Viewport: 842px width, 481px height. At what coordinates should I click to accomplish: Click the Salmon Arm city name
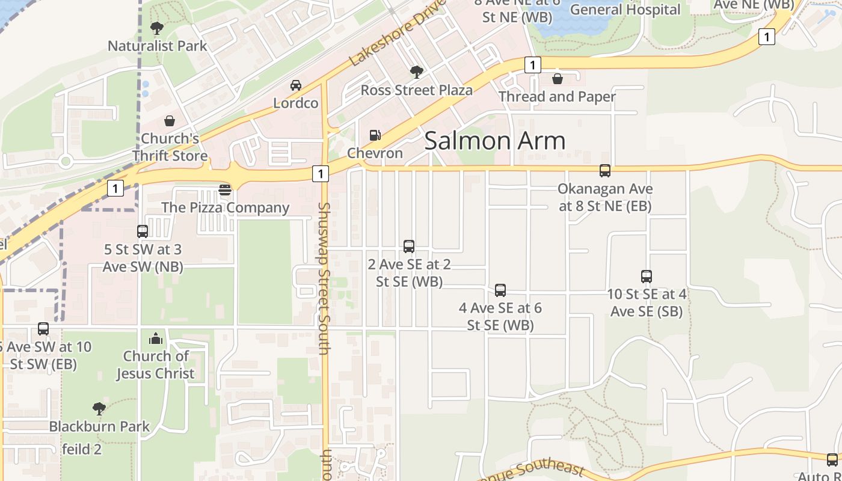(495, 141)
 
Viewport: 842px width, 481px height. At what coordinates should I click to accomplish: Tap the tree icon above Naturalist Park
(157, 28)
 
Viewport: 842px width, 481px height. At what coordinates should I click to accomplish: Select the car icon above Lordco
(295, 85)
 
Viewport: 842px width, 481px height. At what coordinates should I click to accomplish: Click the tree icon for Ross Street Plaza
(416, 72)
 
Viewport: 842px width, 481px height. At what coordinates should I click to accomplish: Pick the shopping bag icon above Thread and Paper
(558, 79)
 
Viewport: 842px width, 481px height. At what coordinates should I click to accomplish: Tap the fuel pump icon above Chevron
(375, 135)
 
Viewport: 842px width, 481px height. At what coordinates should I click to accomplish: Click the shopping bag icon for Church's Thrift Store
(170, 121)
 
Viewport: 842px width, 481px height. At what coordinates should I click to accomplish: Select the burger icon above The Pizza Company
(225, 190)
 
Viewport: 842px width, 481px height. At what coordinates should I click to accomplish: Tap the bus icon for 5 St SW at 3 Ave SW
(143, 231)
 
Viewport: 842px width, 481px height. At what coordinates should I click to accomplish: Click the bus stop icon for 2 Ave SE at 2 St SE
(409, 246)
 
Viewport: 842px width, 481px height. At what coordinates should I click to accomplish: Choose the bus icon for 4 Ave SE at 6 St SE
(500, 290)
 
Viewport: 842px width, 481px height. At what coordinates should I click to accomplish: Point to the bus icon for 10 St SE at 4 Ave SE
(647, 277)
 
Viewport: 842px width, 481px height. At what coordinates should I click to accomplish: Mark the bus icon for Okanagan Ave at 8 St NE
(605, 171)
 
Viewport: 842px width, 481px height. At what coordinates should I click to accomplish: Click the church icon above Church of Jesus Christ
(156, 339)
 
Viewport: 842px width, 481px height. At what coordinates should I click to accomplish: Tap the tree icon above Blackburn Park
(99, 409)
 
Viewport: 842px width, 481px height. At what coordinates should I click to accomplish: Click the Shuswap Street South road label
(324, 278)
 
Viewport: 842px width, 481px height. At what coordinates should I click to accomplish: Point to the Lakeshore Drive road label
(398, 32)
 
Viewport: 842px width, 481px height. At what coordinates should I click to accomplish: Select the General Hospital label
(625, 10)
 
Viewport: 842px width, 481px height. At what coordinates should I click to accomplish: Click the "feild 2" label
(82, 449)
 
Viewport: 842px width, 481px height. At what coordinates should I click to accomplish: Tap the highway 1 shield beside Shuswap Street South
(321, 174)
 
